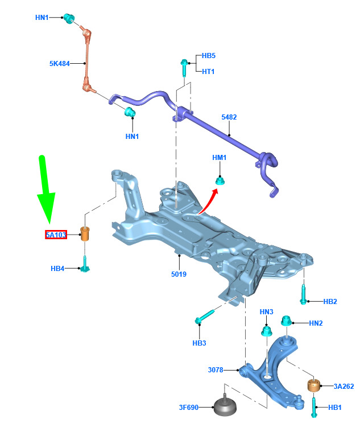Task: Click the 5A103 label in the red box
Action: pyautogui.click(x=56, y=235)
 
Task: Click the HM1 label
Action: pyautogui.click(x=219, y=158)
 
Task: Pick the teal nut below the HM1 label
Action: pyautogui.click(x=220, y=180)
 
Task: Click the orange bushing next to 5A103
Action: pyautogui.click(x=85, y=234)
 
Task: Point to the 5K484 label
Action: pyautogui.click(x=60, y=64)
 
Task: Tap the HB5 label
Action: pyautogui.click(x=209, y=56)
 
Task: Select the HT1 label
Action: pyautogui.click(x=208, y=72)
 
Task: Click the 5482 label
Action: pyautogui.click(x=229, y=117)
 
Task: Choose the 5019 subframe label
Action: pyautogui.click(x=179, y=274)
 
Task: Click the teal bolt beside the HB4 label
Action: pyautogui.click(x=85, y=264)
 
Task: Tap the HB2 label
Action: pyautogui.click(x=330, y=301)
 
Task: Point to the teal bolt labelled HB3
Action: pyautogui.click(x=205, y=316)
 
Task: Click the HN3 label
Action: pyautogui.click(x=267, y=312)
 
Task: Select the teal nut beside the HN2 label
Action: pyautogui.click(x=287, y=321)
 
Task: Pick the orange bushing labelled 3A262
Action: pyautogui.click(x=314, y=386)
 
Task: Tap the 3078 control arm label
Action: pyautogui.click(x=216, y=370)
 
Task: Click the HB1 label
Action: pyautogui.click(x=334, y=408)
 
